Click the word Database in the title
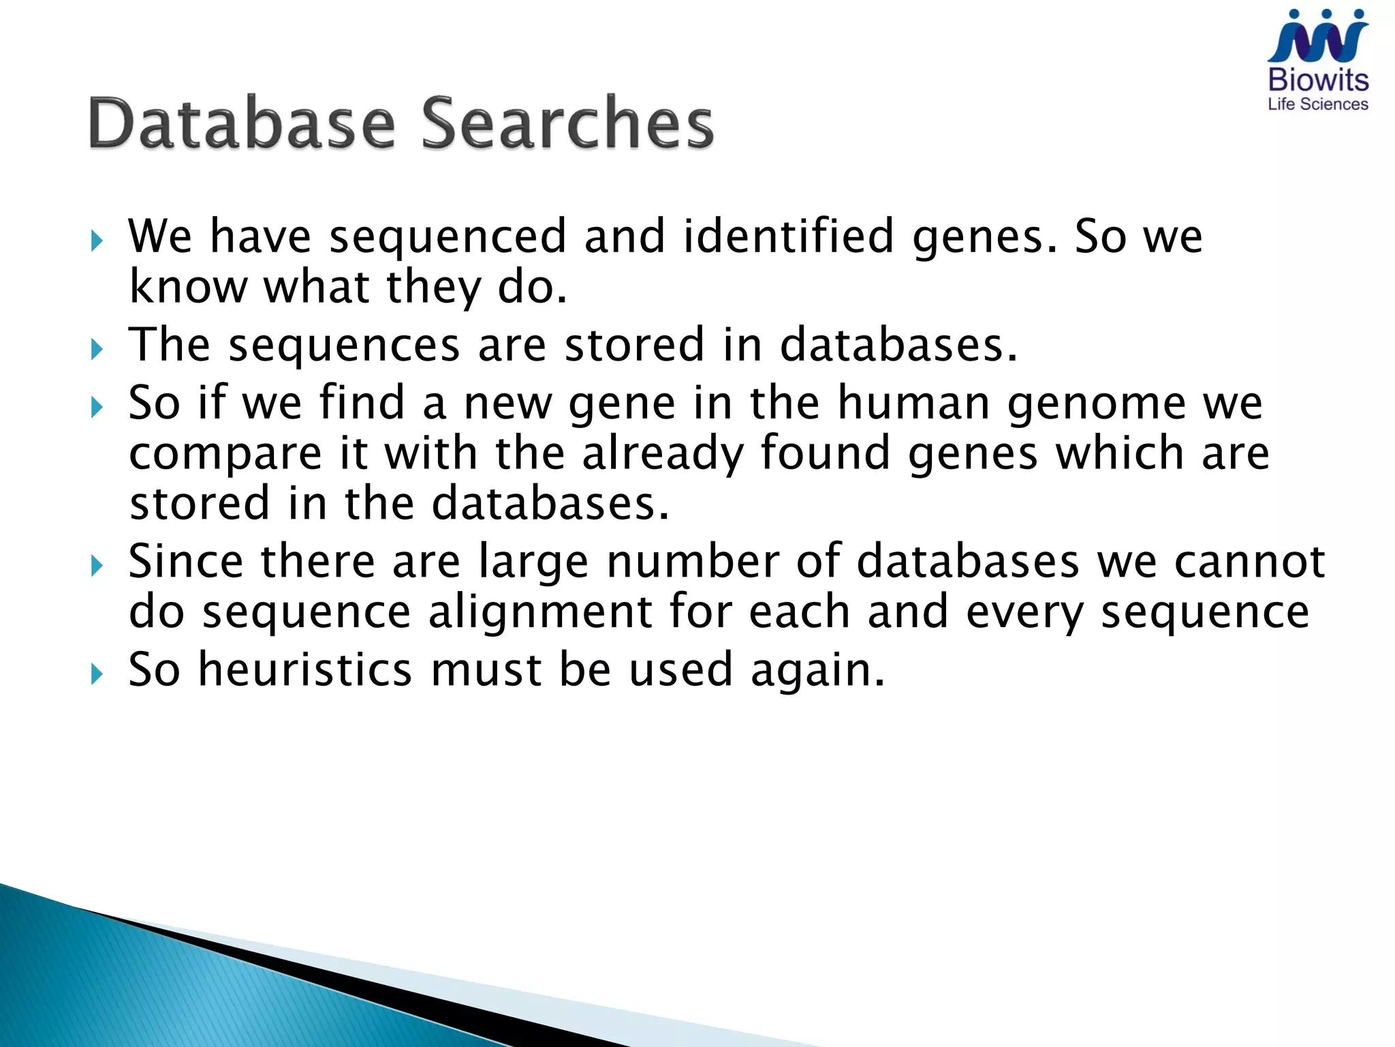[x=242, y=123]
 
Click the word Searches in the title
[x=567, y=123]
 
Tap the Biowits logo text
[x=1318, y=80]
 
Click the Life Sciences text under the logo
[x=1318, y=104]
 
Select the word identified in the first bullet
[x=788, y=236]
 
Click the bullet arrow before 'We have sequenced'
[x=97, y=241]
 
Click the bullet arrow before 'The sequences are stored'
[x=97, y=350]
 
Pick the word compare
[x=225, y=455]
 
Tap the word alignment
[x=539, y=611]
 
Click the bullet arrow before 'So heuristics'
[x=97, y=675]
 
